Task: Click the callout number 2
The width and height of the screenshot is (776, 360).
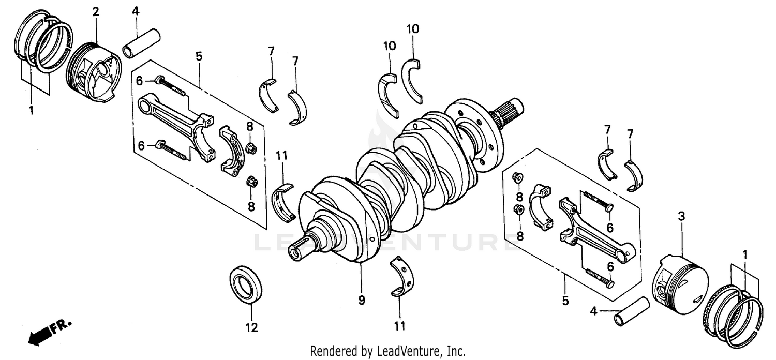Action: tap(96, 12)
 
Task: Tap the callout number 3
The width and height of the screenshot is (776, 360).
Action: tap(681, 217)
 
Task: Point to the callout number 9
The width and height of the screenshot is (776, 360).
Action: tap(361, 300)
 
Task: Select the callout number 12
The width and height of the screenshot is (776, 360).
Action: tap(251, 327)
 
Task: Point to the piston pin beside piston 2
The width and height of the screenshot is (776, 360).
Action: tap(141, 44)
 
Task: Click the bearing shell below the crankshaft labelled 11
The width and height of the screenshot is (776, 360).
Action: tap(402, 277)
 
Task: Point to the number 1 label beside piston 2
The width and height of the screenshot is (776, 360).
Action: tap(31, 111)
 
